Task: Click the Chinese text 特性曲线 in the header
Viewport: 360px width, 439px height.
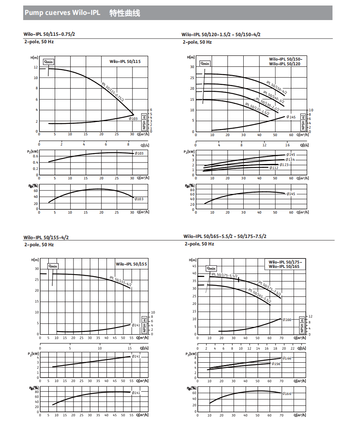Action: tap(125, 13)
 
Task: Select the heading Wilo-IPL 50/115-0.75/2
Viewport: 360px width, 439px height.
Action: tap(49, 34)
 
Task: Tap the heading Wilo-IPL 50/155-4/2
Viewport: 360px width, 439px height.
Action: tap(49, 237)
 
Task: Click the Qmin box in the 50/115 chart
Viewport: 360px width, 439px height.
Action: tap(48, 62)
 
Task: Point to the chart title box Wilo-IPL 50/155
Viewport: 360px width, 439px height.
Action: tap(131, 264)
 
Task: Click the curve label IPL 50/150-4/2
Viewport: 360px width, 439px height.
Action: tap(277, 88)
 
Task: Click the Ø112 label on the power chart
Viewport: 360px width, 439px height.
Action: tap(274, 168)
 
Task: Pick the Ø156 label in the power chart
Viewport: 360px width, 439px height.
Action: tap(276, 363)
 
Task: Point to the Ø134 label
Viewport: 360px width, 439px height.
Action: tap(290, 160)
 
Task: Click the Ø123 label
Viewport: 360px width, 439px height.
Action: tap(284, 164)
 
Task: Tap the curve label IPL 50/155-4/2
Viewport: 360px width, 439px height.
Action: tap(120, 282)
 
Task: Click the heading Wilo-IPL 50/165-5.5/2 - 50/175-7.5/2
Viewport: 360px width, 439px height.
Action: tap(225, 236)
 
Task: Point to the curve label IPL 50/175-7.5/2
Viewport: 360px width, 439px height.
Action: tap(269, 289)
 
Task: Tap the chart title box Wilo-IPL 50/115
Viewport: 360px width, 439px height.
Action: tap(125, 62)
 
